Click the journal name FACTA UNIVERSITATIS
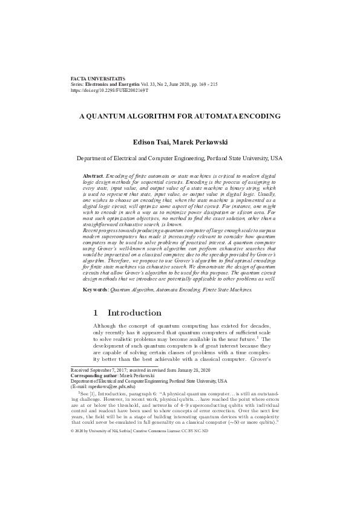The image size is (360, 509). [97, 79]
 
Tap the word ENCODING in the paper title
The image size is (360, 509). [254, 115]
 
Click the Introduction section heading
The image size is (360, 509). [134, 313]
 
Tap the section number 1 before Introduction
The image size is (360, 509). [96, 313]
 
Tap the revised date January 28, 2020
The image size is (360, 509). [190, 369]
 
